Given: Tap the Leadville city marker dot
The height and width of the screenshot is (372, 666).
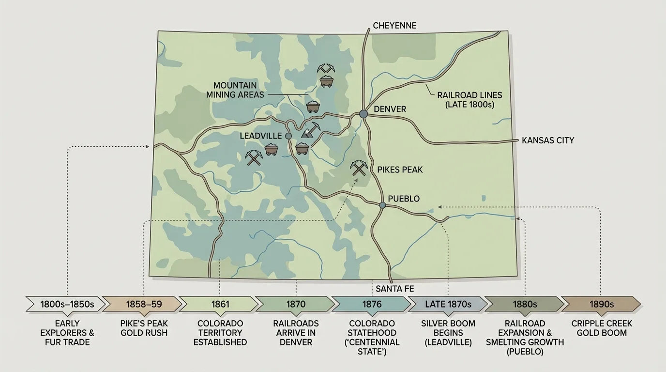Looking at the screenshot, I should pos(288,136).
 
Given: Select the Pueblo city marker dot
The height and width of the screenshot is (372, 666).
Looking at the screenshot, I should pos(382,205).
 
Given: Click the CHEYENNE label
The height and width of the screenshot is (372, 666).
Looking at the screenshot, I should pos(394,26).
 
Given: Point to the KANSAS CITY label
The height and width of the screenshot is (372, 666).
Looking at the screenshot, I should pos(548,140).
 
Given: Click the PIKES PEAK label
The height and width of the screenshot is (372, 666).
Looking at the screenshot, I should pos(400,170).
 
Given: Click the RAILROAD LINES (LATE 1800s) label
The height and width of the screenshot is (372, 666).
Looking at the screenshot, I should pos(469,100).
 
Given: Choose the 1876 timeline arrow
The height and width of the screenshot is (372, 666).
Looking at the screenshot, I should pos(372,304).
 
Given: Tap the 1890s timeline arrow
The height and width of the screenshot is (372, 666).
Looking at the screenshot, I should pos(602,304).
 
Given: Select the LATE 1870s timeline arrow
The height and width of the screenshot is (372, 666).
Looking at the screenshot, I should pos(448,304).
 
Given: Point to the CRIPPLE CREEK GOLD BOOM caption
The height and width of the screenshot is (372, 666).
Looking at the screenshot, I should pos(602,328).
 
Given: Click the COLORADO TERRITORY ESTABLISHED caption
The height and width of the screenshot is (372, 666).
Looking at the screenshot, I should pos(220,332).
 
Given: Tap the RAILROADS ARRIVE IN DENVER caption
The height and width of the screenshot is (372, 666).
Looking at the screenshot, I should pos(296,332).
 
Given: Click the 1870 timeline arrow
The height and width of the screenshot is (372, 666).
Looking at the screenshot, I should pos(296,304).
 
